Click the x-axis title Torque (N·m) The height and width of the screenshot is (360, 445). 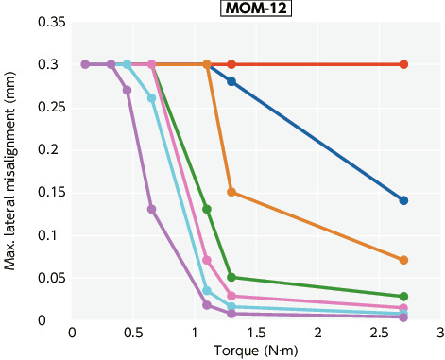click(x=256, y=351)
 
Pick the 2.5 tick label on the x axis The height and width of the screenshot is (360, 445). click(x=379, y=333)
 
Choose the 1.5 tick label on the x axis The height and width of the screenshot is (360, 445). click(x=256, y=333)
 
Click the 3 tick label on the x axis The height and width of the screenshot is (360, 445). click(x=440, y=333)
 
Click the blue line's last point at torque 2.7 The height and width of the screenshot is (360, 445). click(x=403, y=200)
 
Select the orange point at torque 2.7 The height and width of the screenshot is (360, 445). click(x=403, y=260)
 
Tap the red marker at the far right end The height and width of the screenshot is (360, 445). click(x=403, y=64)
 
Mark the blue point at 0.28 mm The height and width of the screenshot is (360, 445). click(x=231, y=81)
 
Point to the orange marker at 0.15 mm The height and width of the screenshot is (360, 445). click(x=231, y=192)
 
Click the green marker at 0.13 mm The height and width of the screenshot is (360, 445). click(x=207, y=209)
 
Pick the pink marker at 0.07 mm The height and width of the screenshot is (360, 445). click(x=207, y=260)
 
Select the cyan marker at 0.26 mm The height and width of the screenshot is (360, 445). click(x=152, y=98)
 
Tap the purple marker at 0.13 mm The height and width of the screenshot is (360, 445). click(x=152, y=209)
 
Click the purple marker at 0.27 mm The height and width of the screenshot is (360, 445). click(x=128, y=90)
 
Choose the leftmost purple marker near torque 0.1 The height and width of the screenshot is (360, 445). click(x=85, y=64)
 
